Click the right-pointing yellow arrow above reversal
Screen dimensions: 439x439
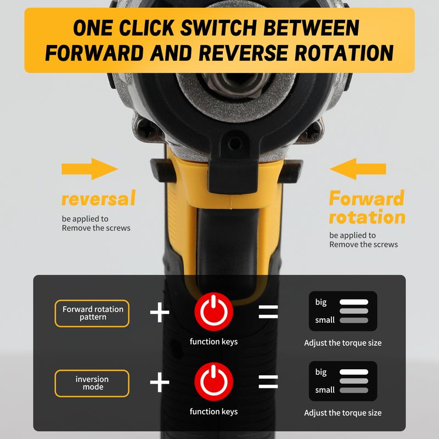pyautogui.click(x=89, y=169)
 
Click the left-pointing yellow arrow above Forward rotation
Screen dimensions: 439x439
pyautogui.click(x=358, y=169)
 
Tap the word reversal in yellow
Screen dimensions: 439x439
pyautogui.click(x=99, y=198)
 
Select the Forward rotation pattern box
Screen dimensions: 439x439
pyautogui.click(x=92, y=313)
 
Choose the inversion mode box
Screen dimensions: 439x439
pyautogui.click(x=92, y=383)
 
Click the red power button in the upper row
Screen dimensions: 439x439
pyautogui.click(x=214, y=312)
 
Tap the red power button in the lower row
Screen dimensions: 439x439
pyautogui.click(x=214, y=381)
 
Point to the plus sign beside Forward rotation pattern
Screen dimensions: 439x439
pyautogui.click(x=160, y=312)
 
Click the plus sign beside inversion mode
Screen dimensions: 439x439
pyautogui.click(x=160, y=382)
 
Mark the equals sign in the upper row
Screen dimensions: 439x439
pyautogui.click(x=268, y=312)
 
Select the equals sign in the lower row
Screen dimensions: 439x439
pyautogui.click(x=268, y=382)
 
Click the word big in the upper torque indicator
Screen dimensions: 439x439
pyautogui.click(x=321, y=302)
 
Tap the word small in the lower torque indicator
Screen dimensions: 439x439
pyautogui.click(x=325, y=390)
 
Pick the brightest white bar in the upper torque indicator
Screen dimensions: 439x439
pyautogui.click(x=354, y=302)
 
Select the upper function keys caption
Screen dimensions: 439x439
pyautogui.click(x=213, y=341)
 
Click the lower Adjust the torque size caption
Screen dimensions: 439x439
pyautogui.click(x=342, y=413)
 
